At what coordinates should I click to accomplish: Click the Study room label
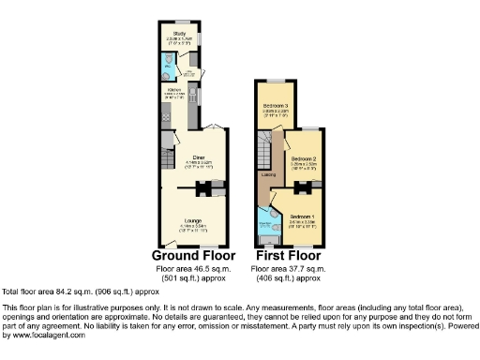179,33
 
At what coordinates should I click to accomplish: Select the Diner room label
199,157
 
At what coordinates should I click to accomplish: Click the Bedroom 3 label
276,104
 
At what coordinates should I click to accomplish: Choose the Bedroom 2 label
303,159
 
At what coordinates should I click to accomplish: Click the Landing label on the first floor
268,174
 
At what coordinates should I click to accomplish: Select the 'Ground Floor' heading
192,254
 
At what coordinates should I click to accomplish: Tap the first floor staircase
268,150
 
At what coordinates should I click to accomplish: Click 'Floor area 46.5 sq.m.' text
192,268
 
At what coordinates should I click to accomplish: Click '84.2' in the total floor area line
63,292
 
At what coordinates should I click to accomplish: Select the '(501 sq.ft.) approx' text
192,277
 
